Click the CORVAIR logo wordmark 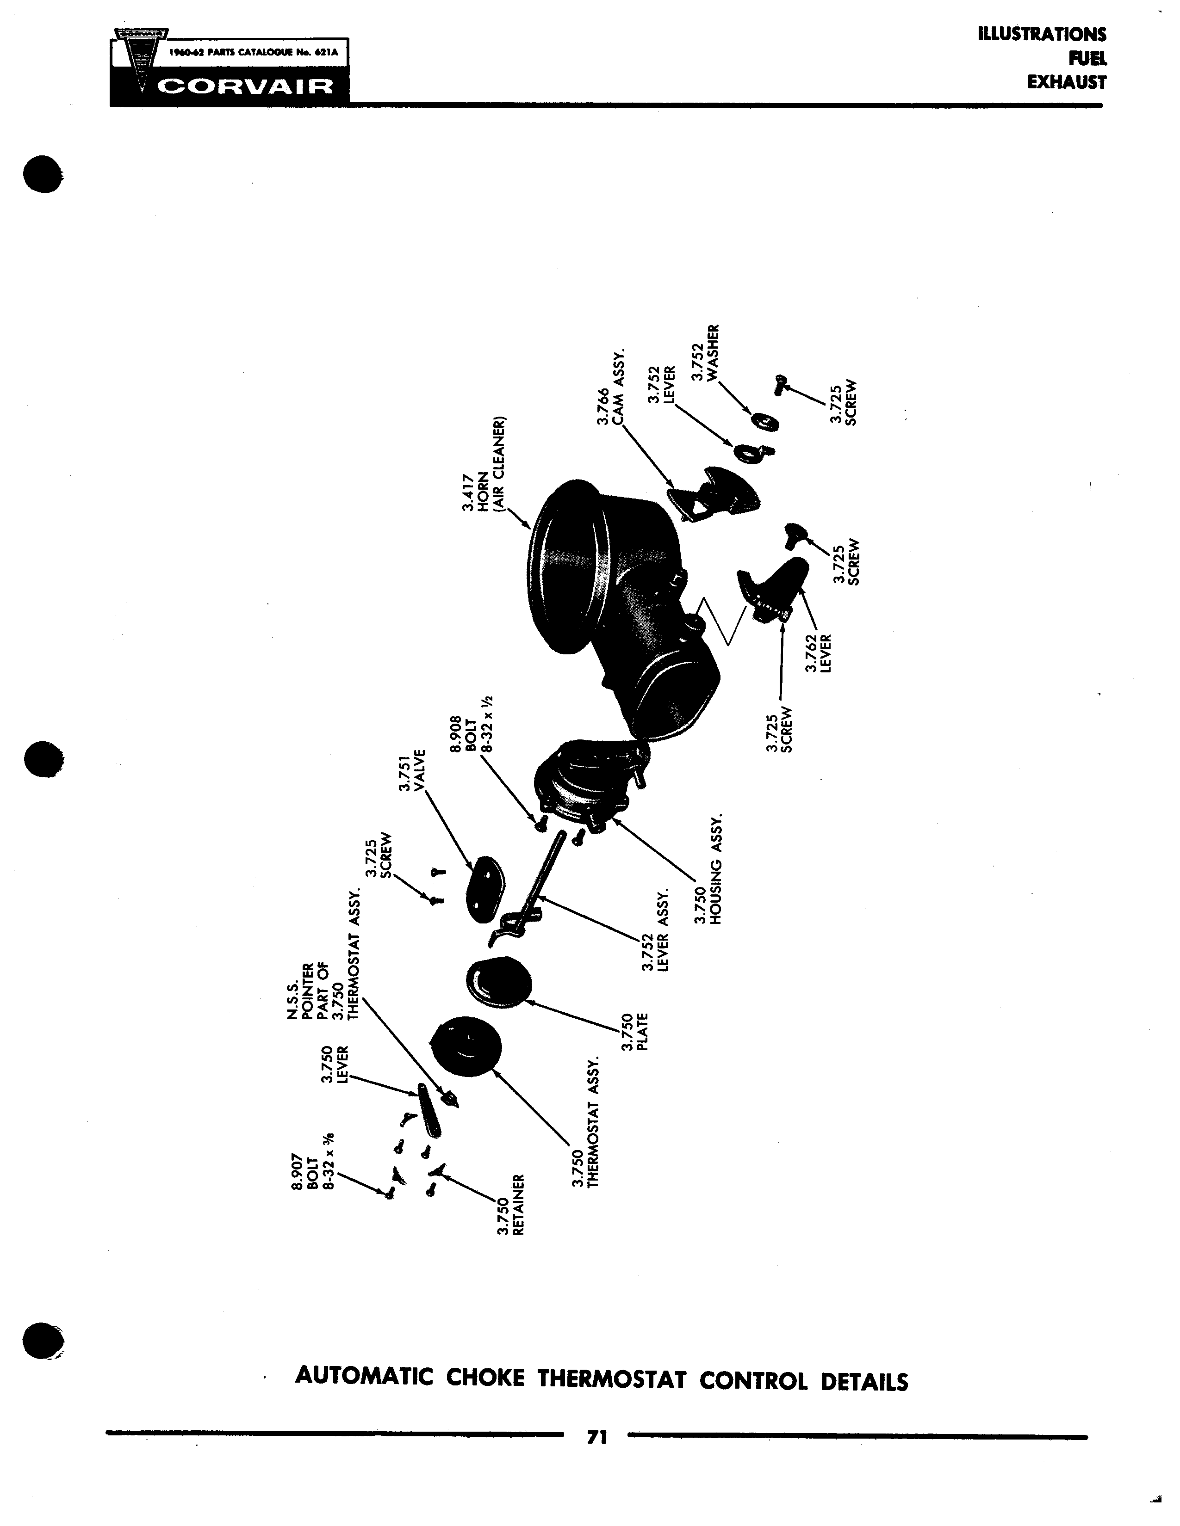click(245, 88)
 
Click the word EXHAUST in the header click(1067, 82)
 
